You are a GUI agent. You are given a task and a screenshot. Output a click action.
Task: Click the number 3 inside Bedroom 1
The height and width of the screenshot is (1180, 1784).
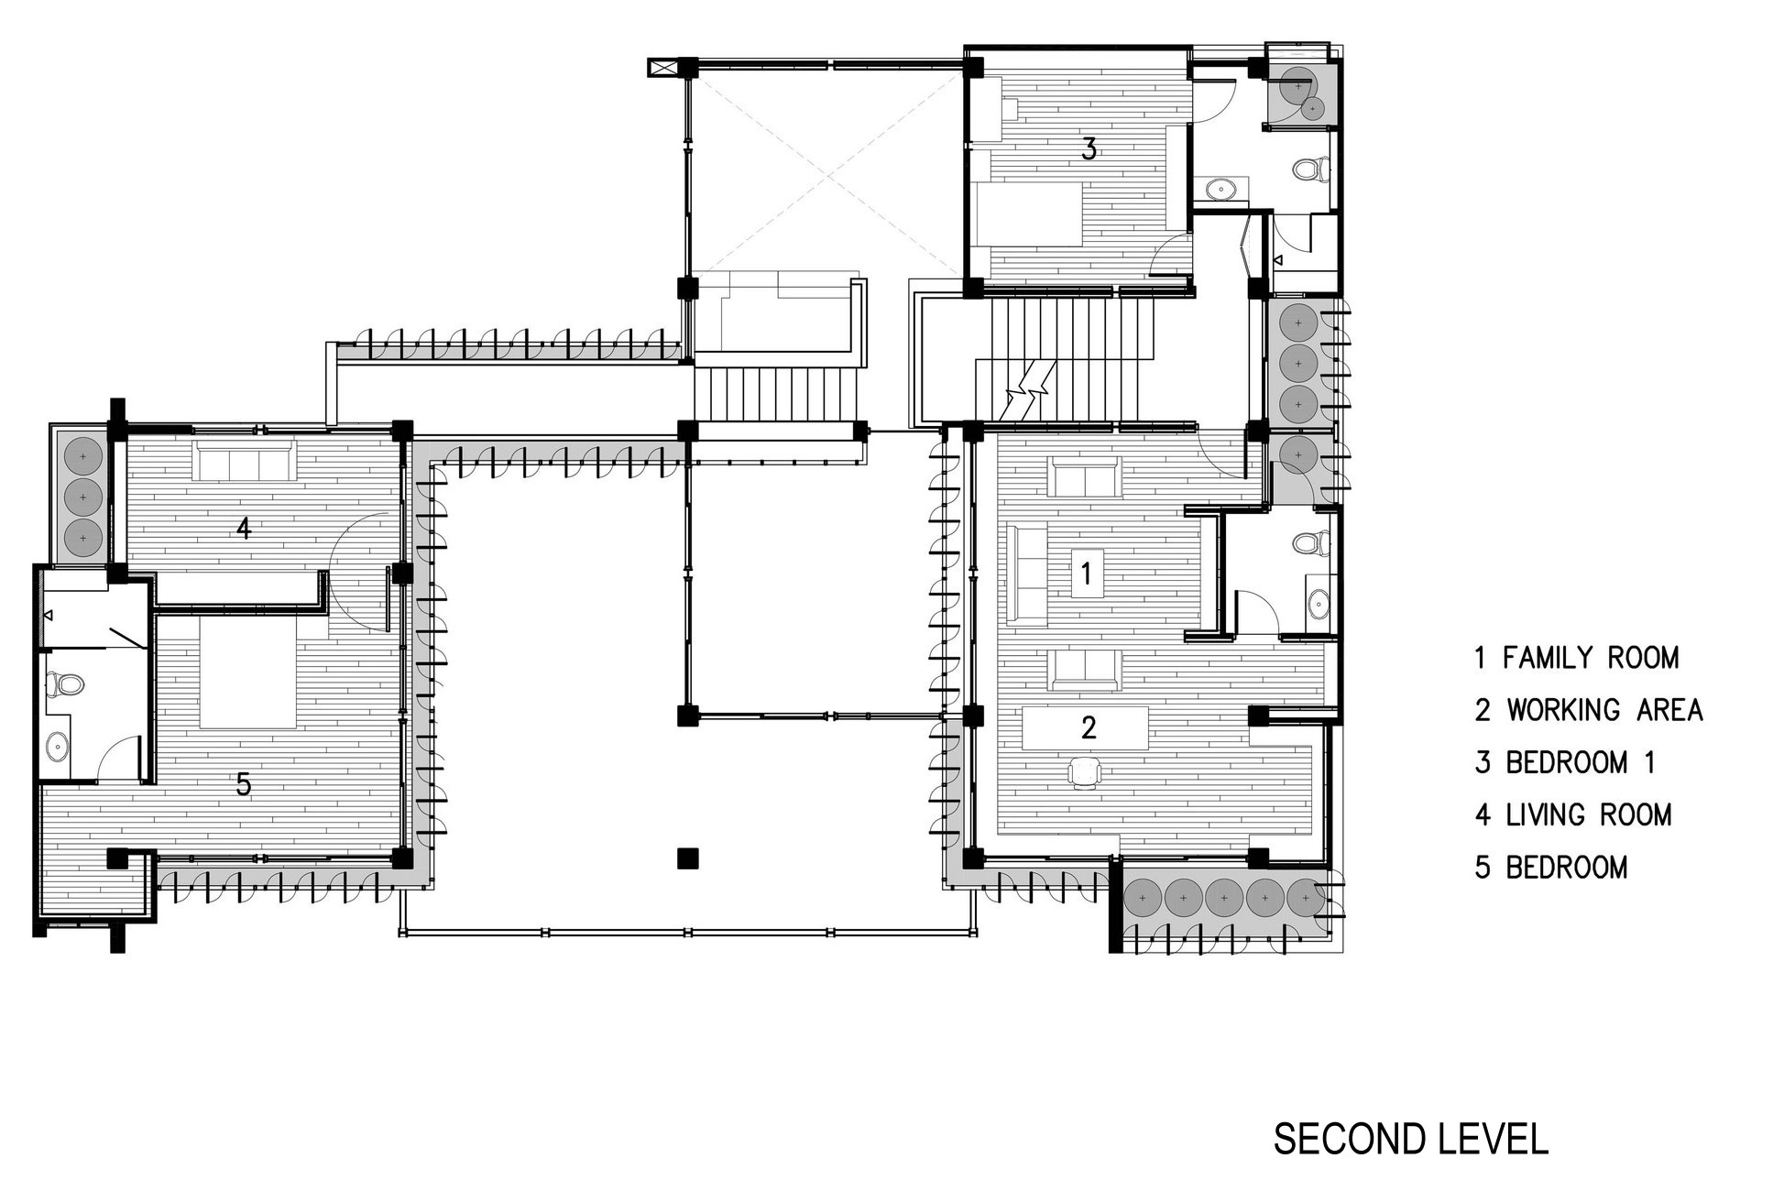1089,148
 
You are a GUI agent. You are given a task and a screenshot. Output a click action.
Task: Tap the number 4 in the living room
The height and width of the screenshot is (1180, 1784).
243,529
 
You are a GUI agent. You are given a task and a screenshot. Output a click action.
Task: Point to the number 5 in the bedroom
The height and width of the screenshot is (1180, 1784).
243,784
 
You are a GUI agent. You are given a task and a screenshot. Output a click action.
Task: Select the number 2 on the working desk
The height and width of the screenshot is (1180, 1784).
1088,727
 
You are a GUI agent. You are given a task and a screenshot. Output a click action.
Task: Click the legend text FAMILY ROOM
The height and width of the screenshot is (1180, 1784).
1592,658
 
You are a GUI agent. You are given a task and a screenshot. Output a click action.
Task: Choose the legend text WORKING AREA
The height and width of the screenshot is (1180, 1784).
1605,710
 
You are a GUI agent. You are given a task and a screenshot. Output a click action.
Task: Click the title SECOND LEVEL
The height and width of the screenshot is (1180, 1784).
1411,1139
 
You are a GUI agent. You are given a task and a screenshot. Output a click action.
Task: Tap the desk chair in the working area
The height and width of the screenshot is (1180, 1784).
1084,771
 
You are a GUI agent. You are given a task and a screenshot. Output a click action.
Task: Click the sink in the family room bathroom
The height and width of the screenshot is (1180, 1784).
1318,603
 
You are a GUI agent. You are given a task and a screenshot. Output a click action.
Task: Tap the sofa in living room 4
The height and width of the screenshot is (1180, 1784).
243,460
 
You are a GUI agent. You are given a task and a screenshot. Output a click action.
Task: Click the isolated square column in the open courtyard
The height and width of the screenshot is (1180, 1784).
687,858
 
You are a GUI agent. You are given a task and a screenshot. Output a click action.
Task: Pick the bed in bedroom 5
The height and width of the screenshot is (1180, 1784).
247,672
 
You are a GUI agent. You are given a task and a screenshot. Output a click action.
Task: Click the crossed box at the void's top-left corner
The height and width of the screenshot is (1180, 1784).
661,67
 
